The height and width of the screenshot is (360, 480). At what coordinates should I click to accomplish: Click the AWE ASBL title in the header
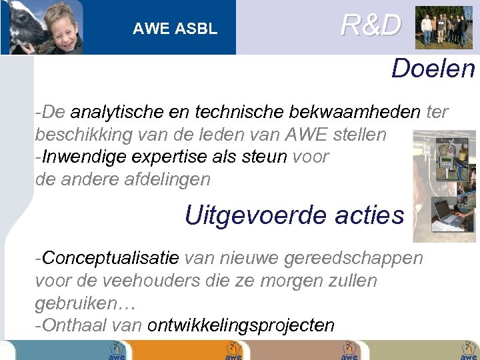click(175, 29)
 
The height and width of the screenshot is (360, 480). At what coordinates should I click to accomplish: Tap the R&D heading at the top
click(371, 25)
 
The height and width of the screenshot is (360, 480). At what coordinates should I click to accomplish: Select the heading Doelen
click(433, 68)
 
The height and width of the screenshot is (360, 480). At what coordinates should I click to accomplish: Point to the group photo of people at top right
click(443, 27)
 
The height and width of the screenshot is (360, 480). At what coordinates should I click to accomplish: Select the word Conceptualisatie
click(110, 258)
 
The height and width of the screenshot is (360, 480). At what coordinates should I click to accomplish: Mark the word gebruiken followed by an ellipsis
click(85, 303)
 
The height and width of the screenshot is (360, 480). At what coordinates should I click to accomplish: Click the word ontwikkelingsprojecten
click(241, 325)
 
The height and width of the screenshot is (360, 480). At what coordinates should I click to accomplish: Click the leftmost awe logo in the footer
click(117, 351)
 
